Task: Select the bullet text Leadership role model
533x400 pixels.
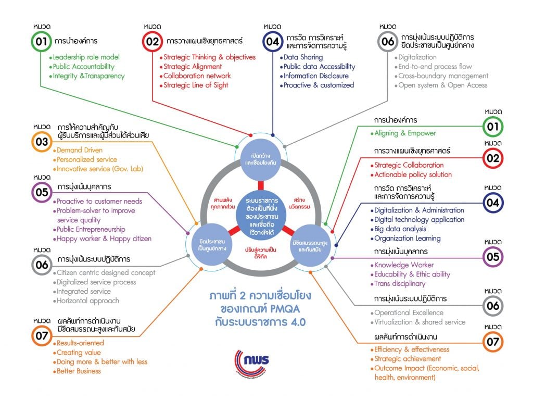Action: [86, 57]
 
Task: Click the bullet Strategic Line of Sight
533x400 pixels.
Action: [196, 85]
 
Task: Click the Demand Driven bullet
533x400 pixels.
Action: [80, 150]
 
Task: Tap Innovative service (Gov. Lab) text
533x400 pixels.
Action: [99, 169]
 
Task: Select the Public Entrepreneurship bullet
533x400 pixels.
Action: [91, 229]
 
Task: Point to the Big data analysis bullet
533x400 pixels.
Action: [400, 229]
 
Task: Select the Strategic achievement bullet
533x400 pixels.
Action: [408, 358]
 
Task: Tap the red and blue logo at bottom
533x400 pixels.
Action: [252, 361]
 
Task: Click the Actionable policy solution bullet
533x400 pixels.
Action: [413, 174]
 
